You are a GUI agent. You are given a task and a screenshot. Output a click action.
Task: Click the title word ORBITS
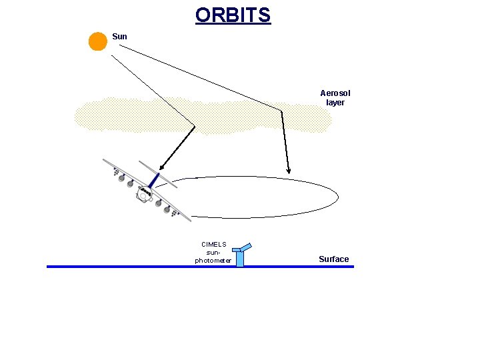(233, 15)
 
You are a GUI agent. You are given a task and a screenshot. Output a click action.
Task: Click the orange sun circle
(98, 41)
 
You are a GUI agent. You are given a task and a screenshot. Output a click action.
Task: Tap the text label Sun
(119, 37)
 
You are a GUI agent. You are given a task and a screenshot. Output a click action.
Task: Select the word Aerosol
(335, 93)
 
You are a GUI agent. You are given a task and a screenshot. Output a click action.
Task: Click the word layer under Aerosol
(335, 103)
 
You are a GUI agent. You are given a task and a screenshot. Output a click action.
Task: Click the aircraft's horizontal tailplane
(157, 173)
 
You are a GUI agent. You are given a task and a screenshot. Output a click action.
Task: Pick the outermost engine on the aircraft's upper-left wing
(118, 175)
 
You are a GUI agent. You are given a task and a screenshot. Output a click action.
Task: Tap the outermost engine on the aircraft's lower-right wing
(176, 213)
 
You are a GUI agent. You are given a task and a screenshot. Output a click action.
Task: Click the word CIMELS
(213, 245)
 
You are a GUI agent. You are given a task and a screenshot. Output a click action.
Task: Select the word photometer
(213, 260)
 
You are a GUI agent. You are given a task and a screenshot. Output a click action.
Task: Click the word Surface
(333, 259)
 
